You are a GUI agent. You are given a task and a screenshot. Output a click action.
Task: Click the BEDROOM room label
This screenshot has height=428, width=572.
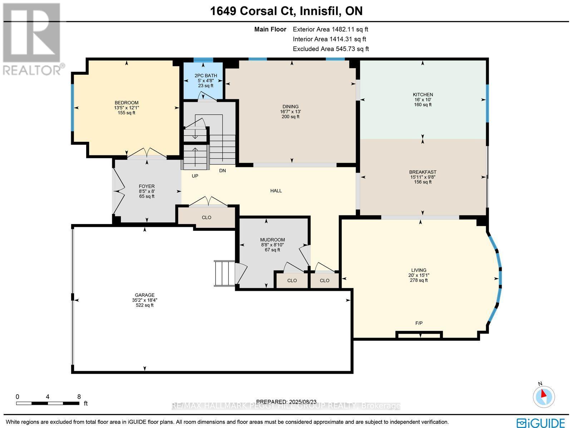coord(127,103)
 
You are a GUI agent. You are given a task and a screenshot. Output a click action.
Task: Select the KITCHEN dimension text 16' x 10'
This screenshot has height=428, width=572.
coord(423,100)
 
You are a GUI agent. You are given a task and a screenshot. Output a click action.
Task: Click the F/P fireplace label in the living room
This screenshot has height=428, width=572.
coord(419,323)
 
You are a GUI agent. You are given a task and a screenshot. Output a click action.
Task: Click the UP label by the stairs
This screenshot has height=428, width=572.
coord(195,176)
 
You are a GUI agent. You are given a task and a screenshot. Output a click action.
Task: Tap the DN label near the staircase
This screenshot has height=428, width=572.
coord(222,171)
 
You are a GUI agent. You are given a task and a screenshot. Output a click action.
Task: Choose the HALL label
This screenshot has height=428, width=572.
coord(276,191)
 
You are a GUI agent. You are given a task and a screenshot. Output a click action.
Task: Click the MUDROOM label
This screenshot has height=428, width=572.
coord(272,240)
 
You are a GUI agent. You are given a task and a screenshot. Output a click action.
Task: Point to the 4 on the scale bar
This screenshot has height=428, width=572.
coord(48,397)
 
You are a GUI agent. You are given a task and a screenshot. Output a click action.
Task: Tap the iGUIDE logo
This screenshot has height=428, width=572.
coord(541,422)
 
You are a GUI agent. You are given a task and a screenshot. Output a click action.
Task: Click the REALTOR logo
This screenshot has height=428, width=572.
coord(32,39)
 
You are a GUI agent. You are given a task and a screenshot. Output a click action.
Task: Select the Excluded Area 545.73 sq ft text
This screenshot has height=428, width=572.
coord(331,49)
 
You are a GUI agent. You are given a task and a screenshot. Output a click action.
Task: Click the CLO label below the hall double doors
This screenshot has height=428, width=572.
coord(207,217)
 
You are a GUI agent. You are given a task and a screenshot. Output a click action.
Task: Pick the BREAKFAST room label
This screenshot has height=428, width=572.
coord(423,172)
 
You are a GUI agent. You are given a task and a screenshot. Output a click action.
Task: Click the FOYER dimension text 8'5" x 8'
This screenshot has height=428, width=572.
coord(147,191)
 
